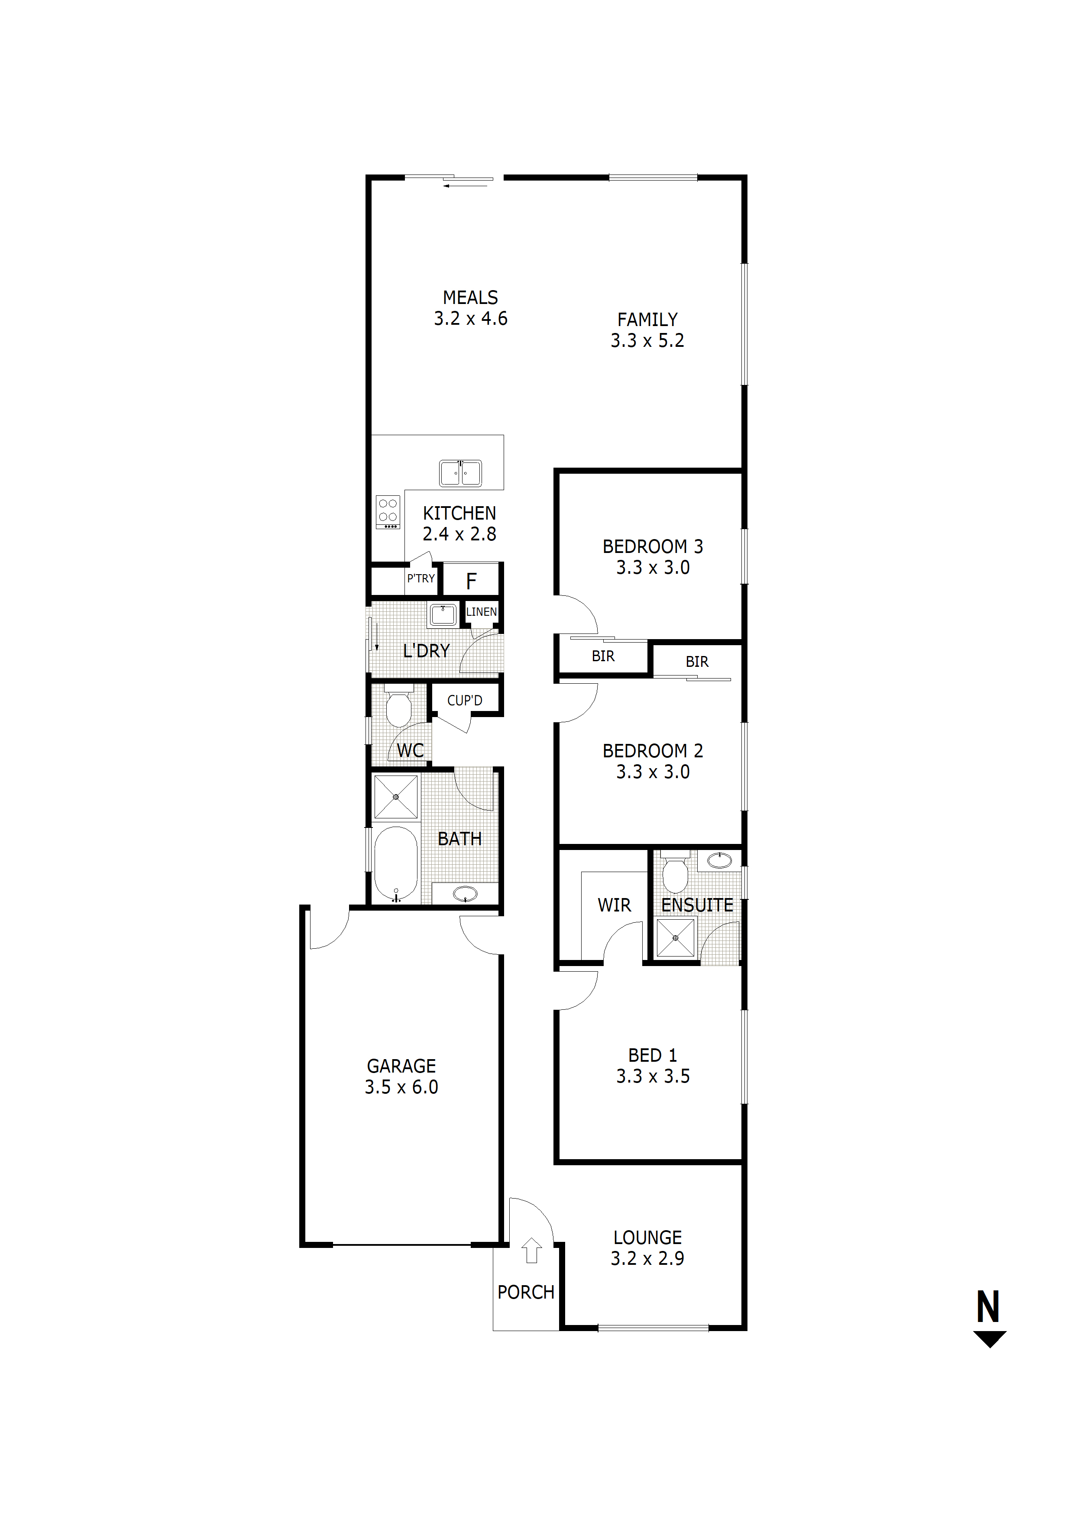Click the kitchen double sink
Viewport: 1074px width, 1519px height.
tap(461, 473)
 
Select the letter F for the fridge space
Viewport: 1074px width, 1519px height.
tap(471, 581)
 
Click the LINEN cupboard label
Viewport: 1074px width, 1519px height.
tap(481, 612)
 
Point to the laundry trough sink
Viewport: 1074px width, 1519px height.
tap(443, 614)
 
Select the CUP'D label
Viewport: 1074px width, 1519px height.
tap(465, 700)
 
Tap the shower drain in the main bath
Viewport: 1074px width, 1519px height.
tap(396, 797)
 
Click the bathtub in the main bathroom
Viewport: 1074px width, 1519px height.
tap(396, 864)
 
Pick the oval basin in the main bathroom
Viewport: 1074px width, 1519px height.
tap(465, 893)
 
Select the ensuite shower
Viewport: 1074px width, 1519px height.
tap(675, 938)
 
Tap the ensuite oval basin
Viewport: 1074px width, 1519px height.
tap(719, 860)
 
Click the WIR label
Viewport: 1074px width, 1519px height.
tap(614, 905)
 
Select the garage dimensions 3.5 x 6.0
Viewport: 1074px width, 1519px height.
tap(401, 1087)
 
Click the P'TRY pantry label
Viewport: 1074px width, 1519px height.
tap(421, 578)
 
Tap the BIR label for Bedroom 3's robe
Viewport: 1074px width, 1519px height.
tap(603, 656)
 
